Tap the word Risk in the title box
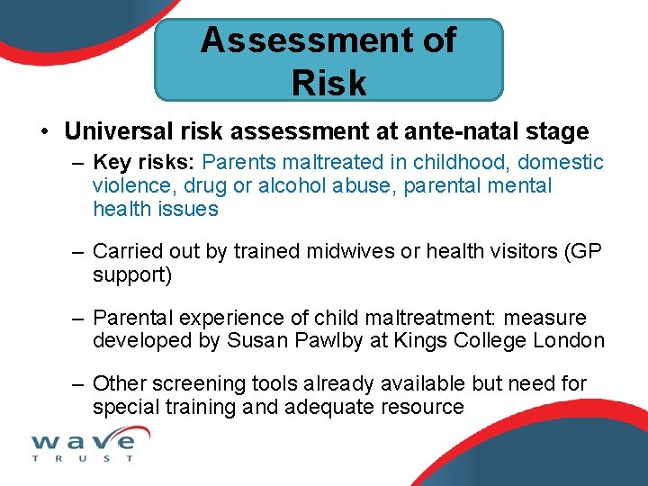pyautogui.click(x=328, y=83)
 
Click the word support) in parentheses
pyautogui.click(x=132, y=274)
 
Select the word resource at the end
pyautogui.click(x=423, y=407)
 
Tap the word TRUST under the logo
pyautogui.click(x=83, y=459)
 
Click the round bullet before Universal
pyautogui.click(x=45, y=132)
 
